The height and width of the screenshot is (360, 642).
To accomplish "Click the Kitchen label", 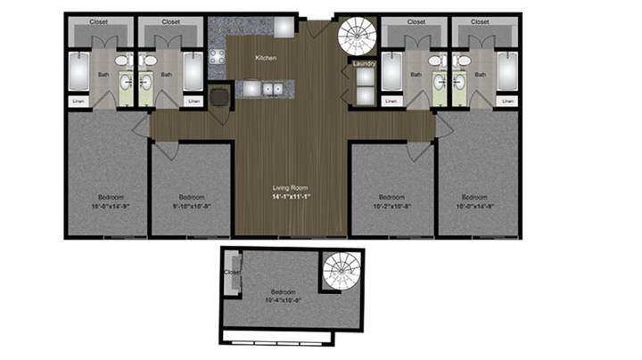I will [266, 58].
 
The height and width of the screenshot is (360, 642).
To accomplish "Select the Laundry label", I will [364, 63].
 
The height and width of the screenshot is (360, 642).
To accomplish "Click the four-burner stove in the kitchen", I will [217, 61].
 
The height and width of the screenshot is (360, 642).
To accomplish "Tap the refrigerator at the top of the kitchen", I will [284, 26].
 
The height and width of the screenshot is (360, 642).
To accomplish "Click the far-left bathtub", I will [78, 72].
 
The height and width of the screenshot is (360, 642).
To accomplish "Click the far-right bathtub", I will [506, 72].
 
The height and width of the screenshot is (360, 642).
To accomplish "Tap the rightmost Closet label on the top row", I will [481, 20].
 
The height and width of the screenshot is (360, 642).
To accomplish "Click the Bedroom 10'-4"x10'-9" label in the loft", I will [284, 296].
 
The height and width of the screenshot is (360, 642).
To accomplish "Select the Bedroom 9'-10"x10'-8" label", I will [192, 200].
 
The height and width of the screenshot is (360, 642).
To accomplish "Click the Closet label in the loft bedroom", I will [231, 273].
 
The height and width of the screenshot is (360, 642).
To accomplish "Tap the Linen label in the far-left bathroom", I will [78, 101].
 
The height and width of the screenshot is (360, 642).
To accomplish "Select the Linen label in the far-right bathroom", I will [506, 101].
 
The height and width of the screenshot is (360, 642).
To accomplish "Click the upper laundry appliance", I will [365, 77].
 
